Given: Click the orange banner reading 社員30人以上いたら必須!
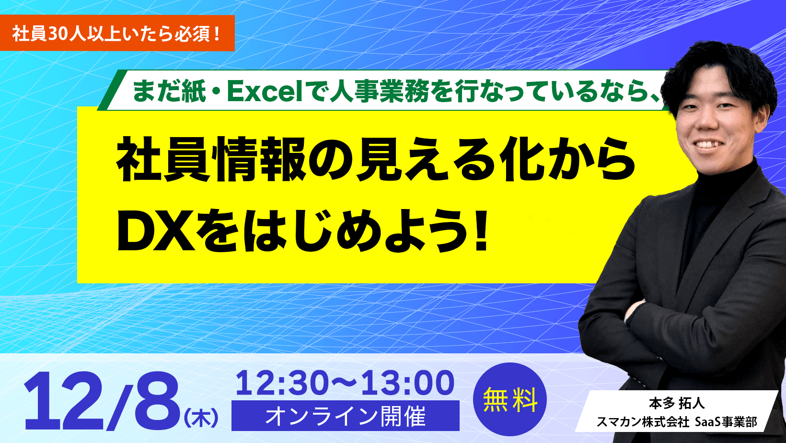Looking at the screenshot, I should point(117,34).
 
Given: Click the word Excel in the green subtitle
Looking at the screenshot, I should point(265,91).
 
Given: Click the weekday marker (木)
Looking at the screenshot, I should point(201,418).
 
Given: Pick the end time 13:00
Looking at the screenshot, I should point(407,384).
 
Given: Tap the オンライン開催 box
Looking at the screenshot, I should point(345,416).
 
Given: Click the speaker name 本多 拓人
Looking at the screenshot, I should point(676,404).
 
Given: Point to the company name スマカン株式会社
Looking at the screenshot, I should point(642,422).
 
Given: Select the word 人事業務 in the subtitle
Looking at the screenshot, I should point(379,91).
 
